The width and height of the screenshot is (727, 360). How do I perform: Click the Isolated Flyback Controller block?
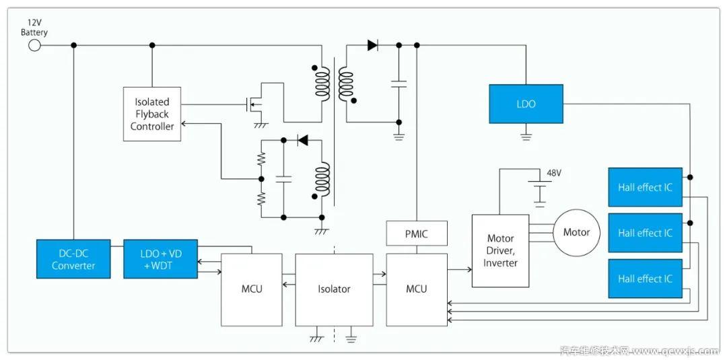(x=152, y=114)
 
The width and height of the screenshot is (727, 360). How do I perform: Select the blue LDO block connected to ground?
(x=526, y=104)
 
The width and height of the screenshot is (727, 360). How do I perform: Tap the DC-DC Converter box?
(x=73, y=259)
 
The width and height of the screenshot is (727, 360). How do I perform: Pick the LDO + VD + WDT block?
(x=160, y=259)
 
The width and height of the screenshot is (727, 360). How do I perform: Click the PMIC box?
(x=416, y=233)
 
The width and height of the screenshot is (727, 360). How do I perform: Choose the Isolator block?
(x=334, y=289)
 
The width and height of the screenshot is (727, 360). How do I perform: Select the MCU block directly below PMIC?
(x=416, y=289)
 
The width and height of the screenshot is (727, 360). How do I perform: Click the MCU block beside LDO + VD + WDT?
(x=251, y=289)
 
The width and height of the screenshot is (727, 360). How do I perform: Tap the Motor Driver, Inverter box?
(x=500, y=250)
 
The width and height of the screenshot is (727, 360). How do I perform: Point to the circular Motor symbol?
(x=576, y=232)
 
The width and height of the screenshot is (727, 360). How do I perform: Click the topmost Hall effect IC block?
(x=645, y=187)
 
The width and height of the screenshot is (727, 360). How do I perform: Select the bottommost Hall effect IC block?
(x=645, y=279)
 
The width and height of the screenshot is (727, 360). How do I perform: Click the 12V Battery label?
(x=34, y=28)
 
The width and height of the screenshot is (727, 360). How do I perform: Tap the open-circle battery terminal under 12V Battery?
(x=34, y=45)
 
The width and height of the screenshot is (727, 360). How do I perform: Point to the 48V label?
(x=553, y=173)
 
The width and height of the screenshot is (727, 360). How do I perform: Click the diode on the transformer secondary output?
(x=372, y=45)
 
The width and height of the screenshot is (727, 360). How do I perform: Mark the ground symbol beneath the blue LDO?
(x=526, y=137)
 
